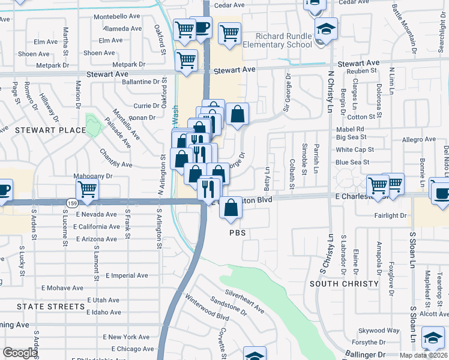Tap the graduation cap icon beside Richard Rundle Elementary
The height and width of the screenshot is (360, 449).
point(326,29)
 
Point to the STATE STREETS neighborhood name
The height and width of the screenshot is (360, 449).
point(50,307)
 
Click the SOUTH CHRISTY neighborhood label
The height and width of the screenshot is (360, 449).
point(344,283)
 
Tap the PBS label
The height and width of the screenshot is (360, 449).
point(238,232)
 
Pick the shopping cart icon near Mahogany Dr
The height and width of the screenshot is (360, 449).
point(88,189)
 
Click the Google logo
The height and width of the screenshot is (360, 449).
point(20,353)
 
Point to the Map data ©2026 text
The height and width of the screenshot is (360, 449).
point(423,355)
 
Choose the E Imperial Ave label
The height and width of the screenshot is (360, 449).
point(127,276)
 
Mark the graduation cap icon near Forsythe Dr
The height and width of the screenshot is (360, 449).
point(433,338)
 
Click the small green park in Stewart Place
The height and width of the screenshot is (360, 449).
point(92,124)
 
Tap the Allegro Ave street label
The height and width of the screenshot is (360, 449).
point(419,140)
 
